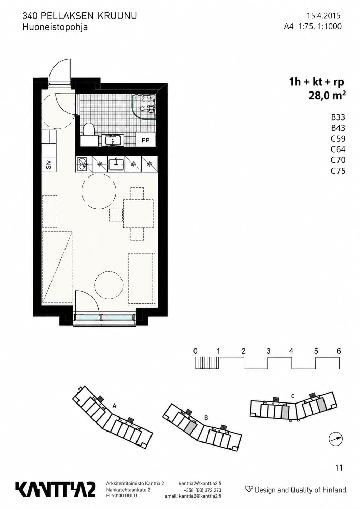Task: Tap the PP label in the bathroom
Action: (x=145, y=140)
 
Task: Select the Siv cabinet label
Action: (x=48, y=165)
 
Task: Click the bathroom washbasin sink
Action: (x=113, y=140)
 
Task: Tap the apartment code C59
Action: (x=338, y=139)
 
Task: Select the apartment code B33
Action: (x=338, y=117)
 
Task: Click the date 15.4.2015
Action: (x=324, y=16)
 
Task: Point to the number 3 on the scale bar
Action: (x=268, y=351)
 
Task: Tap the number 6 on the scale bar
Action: (x=339, y=351)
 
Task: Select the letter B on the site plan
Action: (x=206, y=418)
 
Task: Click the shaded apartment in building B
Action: (x=191, y=428)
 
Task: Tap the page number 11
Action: (x=339, y=468)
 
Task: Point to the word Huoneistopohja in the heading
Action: (x=55, y=28)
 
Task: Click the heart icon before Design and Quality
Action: (x=249, y=489)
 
